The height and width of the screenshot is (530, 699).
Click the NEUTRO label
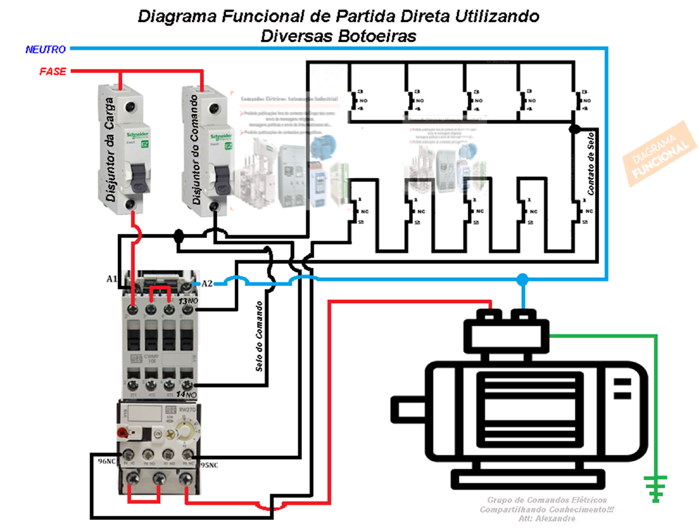(45, 49)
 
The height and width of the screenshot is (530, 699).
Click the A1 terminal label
(111, 279)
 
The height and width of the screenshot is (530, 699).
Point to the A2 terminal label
(207, 283)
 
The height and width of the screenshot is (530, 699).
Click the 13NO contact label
(188, 303)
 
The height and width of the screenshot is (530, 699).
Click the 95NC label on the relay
(209, 465)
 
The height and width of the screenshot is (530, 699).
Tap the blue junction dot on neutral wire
(522, 279)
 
